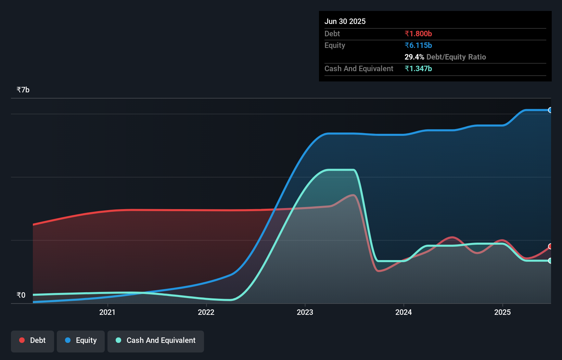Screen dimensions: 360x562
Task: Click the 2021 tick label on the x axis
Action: (x=107, y=312)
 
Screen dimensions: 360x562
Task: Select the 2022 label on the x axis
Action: (x=206, y=312)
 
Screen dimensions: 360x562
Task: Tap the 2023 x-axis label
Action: (x=305, y=312)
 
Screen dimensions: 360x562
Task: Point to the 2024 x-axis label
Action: (x=404, y=312)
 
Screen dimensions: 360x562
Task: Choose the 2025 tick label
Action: (x=502, y=312)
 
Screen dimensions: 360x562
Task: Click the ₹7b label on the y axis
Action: (x=23, y=90)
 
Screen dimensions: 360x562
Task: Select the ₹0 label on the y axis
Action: (x=21, y=295)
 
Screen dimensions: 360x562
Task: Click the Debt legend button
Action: (x=33, y=340)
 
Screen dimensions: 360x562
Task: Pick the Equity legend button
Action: (x=81, y=340)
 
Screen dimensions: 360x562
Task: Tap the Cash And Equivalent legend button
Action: (x=156, y=340)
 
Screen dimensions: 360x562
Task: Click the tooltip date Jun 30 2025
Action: (x=345, y=22)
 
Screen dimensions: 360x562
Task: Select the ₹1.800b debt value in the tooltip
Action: (x=418, y=34)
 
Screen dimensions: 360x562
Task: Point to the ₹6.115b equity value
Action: (x=418, y=45)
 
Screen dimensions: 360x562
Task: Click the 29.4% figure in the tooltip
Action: (x=414, y=57)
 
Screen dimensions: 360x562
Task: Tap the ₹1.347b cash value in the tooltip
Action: (x=418, y=68)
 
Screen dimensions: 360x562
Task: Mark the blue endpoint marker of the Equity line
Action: (x=550, y=110)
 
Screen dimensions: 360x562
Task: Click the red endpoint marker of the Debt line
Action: (x=550, y=246)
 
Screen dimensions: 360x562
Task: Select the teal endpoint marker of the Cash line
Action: (x=550, y=261)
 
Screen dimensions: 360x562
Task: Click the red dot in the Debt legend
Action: (x=22, y=340)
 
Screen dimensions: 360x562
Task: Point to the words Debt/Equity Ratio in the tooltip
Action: (x=456, y=57)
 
